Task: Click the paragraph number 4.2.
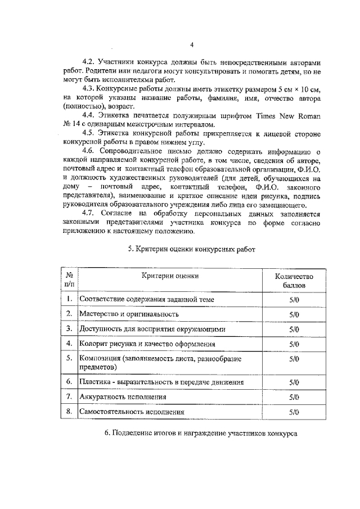pyautogui.click(x=89, y=62)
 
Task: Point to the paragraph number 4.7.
pyautogui.click(x=89, y=213)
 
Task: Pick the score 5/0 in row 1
pyautogui.click(x=293, y=299)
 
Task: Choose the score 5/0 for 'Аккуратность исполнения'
pyautogui.click(x=293, y=397)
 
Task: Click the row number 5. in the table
pyautogui.click(x=69, y=358)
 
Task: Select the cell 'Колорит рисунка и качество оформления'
pyautogui.click(x=147, y=343)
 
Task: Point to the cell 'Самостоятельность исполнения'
pyautogui.click(x=132, y=412)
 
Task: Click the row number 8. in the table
pyautogui.click(x=69, y=412)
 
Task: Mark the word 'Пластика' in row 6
pyautogui.click(x=95, y=382)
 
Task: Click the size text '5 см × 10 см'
pyautogui.click(x=296, y=89)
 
